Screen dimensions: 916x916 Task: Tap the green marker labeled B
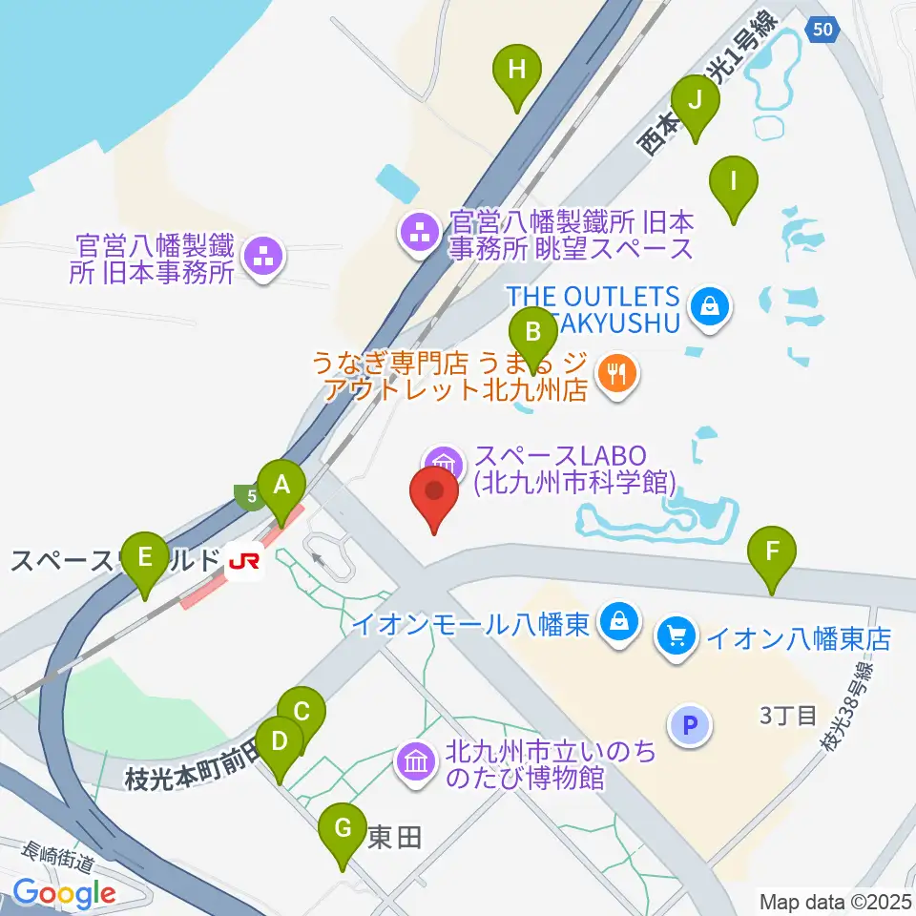(x=533, y=333)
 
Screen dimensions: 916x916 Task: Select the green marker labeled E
(x=145, y=558)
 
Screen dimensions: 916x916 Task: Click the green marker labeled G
(x=343, y=830)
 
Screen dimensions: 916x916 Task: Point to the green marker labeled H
(x=516, y=71)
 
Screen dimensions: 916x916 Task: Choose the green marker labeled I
(x=733, y=181)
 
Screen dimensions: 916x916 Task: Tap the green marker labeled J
(x=695, y=101)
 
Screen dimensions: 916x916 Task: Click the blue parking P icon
(x=692, y=726)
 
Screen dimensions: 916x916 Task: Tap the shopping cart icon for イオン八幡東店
(x=677, y=636)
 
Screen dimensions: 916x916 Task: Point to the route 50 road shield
(x=822, y=31)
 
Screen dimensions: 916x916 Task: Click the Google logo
(x=64, y=893)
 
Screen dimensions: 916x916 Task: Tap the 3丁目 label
(x=788, y=714)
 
